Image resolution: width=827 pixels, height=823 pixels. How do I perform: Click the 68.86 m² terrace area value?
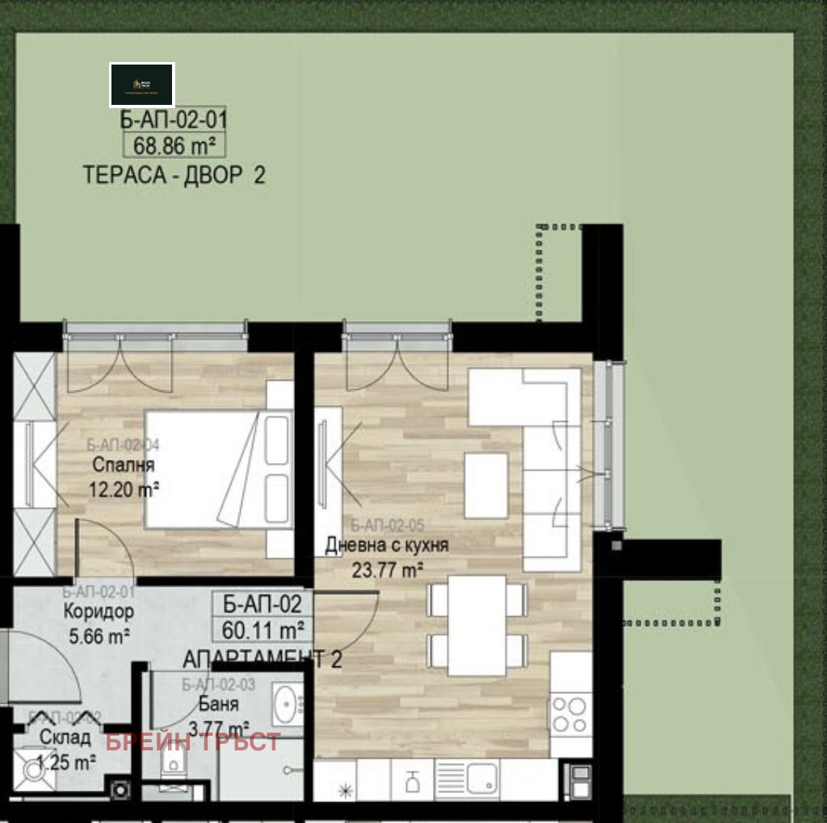point(174,146)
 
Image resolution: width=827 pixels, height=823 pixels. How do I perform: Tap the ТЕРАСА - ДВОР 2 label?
point(174,175)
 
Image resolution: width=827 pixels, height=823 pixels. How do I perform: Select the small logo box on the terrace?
point(142,85)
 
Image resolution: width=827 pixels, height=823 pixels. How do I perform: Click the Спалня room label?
point(123,465)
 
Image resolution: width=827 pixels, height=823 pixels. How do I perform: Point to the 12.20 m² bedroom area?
point(124,488)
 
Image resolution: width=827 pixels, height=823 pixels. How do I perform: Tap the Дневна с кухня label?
point(386,545)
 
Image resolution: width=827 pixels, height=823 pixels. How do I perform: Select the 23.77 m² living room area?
point(388,570)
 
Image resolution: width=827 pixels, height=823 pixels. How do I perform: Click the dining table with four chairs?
point(476,625)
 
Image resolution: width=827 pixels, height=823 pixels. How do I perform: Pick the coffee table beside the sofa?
point(486,485)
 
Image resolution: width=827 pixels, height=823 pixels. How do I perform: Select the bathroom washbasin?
point(286,704)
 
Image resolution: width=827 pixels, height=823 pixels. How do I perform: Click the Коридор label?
point(99,612)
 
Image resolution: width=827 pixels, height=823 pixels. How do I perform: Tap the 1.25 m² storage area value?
point(66,760)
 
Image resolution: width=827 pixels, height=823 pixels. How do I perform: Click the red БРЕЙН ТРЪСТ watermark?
point(193,742)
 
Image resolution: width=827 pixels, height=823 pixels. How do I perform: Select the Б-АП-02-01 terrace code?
point(174,120)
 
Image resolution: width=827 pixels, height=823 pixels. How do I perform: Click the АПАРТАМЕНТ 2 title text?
point(262,658)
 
